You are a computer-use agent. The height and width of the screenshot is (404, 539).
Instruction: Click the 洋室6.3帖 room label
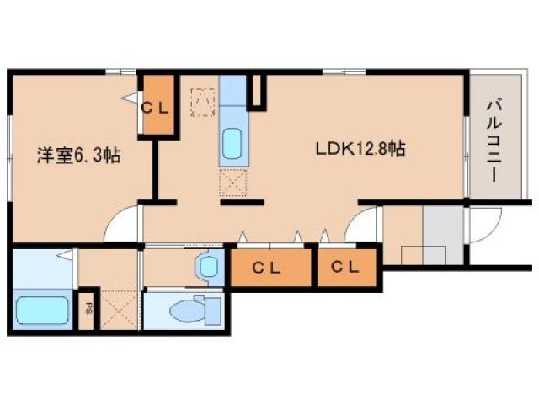78,155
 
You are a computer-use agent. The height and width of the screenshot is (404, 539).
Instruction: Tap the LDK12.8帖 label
360,149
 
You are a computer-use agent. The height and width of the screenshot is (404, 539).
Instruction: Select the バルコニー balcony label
494,141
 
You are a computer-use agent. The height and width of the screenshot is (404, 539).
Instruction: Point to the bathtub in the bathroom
42,311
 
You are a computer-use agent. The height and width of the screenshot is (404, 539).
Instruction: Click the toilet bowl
195,310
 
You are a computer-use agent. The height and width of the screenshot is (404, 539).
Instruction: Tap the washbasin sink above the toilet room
208,267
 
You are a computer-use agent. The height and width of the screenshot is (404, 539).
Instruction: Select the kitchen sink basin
232,144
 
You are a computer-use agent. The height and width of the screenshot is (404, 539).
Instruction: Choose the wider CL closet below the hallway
270,268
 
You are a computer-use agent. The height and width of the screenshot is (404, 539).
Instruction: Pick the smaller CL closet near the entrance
347,268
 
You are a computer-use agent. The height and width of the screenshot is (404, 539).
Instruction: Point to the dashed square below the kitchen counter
233,183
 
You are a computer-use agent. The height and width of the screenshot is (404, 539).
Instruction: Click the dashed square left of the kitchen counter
203,103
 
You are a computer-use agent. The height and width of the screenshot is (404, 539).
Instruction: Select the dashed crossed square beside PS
119,309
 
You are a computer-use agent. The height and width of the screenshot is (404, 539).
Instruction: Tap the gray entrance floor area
443,236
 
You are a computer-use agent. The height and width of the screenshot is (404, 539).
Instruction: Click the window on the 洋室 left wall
10,158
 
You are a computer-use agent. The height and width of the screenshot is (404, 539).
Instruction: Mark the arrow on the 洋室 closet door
130,98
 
